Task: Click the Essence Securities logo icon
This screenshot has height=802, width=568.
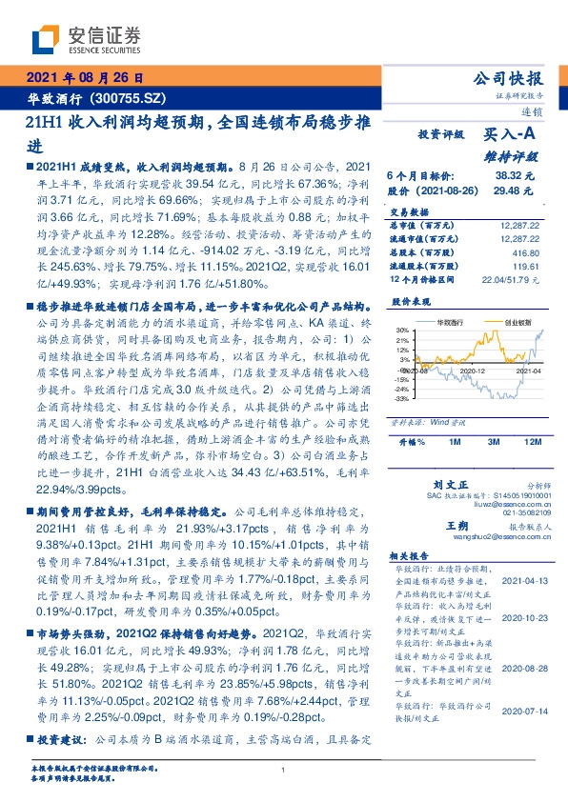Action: click(45, 39)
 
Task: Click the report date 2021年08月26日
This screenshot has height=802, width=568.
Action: click(84, 77)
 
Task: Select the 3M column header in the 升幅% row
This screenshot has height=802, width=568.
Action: click(494, 443)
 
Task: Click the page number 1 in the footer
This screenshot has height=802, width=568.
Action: click(284, 771)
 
